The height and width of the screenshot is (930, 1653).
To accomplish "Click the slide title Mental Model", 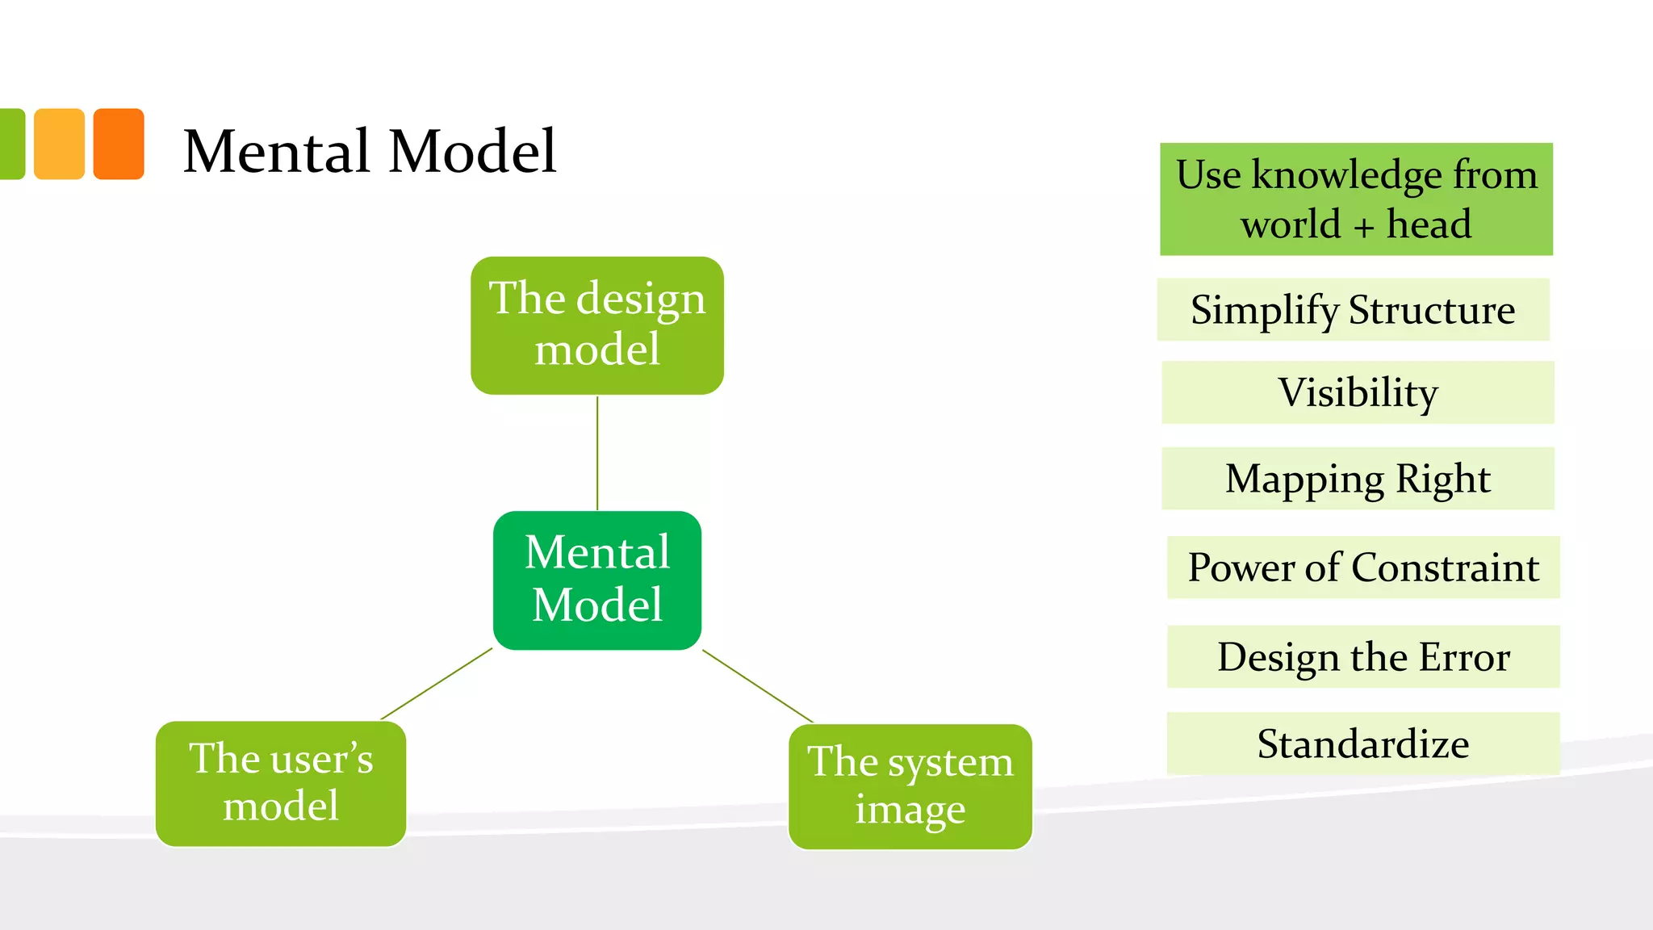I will pos(370,151).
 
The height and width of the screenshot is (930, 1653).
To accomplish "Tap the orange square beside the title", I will pos(119,144).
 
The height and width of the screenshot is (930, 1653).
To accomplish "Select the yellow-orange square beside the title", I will pos(59,144).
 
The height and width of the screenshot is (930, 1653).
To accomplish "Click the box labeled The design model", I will pos(597,325).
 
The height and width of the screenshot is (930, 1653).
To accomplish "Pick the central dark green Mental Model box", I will pos(597,580).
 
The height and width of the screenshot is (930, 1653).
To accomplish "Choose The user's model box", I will pos(281,783).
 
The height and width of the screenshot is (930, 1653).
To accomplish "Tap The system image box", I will pos(910,786).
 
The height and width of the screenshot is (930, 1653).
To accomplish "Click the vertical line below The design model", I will pos(597,452).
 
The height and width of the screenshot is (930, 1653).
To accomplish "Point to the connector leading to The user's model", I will pos(436,684).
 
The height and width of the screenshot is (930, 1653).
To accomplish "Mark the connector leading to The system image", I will pos(758,686).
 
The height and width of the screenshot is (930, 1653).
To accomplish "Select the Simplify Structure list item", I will pos(1353,310).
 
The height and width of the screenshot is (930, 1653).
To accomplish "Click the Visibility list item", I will pos(1358,392).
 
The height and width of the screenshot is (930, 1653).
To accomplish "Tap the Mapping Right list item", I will pos(1358,479).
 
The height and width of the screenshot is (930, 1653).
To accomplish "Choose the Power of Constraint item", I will pos(1363,568).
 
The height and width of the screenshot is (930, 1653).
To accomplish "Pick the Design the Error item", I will pos(1363,656).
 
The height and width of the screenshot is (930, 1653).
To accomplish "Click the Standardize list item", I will pos(1363,744).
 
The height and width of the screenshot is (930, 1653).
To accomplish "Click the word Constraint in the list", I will pos(1445,568).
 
